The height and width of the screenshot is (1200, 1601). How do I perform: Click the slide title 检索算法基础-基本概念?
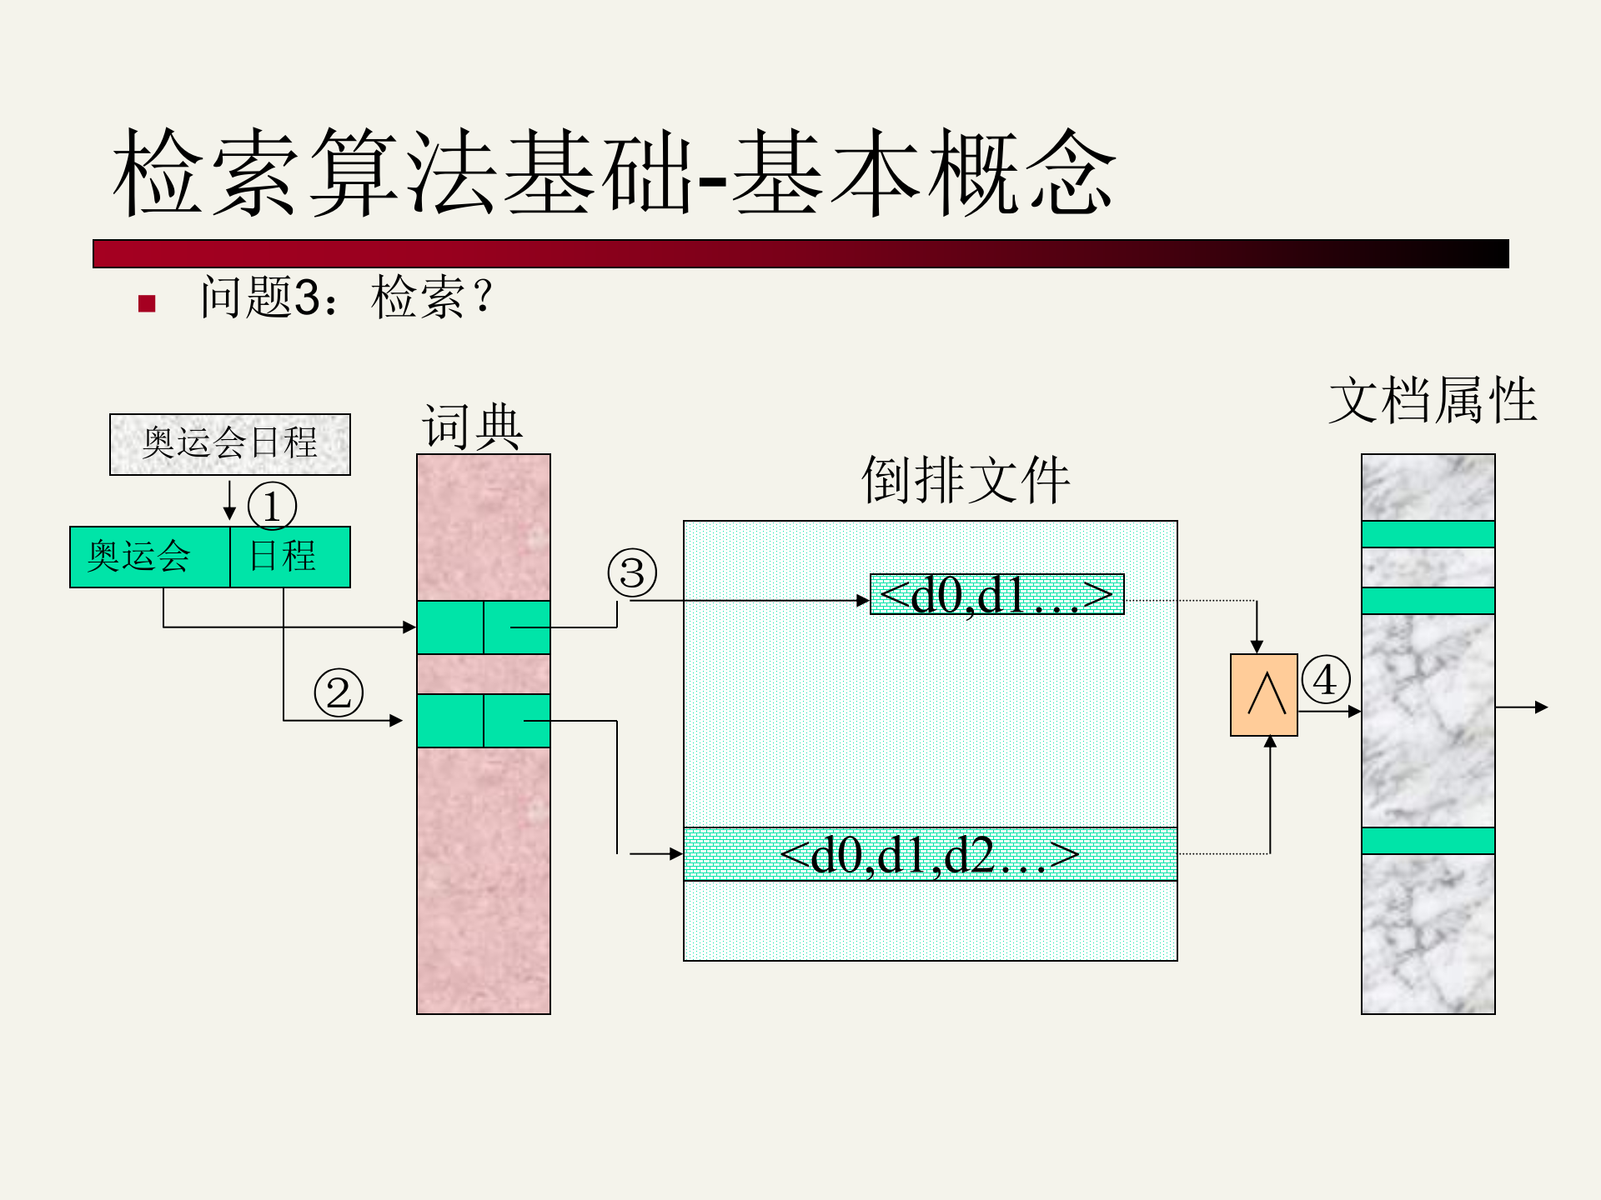click(615, 172)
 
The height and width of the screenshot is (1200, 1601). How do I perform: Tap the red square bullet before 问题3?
click(148, 303)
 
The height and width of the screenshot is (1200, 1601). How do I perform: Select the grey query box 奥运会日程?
click(230, 444)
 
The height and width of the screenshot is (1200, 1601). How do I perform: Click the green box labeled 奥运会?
click(150, 557)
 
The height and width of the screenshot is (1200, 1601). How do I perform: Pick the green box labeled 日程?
click(289, 557)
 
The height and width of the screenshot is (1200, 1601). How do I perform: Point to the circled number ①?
click(272, 507)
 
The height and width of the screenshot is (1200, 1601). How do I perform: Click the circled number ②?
click(339, 692)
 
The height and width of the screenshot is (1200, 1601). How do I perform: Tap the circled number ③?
click(632, 573)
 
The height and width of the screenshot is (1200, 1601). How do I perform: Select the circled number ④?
click(1325, 679)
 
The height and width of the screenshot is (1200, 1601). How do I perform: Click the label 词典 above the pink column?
click(473, 427)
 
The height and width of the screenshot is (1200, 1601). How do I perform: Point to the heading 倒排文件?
click(965, 480)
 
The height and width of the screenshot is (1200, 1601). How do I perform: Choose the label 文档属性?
click(1432, 400)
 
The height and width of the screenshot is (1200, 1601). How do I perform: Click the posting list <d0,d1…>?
click(996, 594)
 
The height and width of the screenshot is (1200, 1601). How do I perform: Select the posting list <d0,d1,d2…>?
click(930, 854)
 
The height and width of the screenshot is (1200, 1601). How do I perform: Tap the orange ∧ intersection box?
click(1264, 695)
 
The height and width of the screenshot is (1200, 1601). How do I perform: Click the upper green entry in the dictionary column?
click(484, 627)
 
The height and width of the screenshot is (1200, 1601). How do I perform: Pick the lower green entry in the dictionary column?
click(484, 720)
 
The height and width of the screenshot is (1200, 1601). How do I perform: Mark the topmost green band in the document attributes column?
click(1428, 534)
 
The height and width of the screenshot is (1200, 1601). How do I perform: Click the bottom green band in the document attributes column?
click(1428, 840)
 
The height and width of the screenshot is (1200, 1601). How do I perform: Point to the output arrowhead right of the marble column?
click(1542, 707)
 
